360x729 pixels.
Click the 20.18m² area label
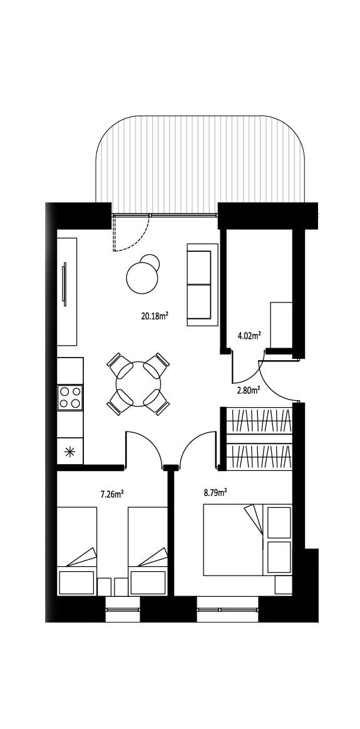(x=154, y=317)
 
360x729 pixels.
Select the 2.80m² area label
(x=248, y=391)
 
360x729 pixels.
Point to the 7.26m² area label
(x=112, y=494)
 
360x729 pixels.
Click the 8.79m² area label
(x=215, y=492)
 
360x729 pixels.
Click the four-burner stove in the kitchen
(x=69, y=398)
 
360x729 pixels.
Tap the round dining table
(x=138, y=384)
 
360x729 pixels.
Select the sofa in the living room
(x=202, y=284)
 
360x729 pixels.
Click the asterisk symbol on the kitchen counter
(x=69, y=452)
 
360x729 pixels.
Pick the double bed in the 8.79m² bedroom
(x=247, y=540)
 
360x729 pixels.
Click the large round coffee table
(x=141, y=278)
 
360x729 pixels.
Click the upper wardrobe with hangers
(x=259, y=420)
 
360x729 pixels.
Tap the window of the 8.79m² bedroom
(x=227, y=609)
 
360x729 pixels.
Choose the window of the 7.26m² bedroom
(x=123, y=609)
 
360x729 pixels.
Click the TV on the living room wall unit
(x=64, y=284)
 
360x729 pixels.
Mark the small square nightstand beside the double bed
(x=284, y=585)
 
